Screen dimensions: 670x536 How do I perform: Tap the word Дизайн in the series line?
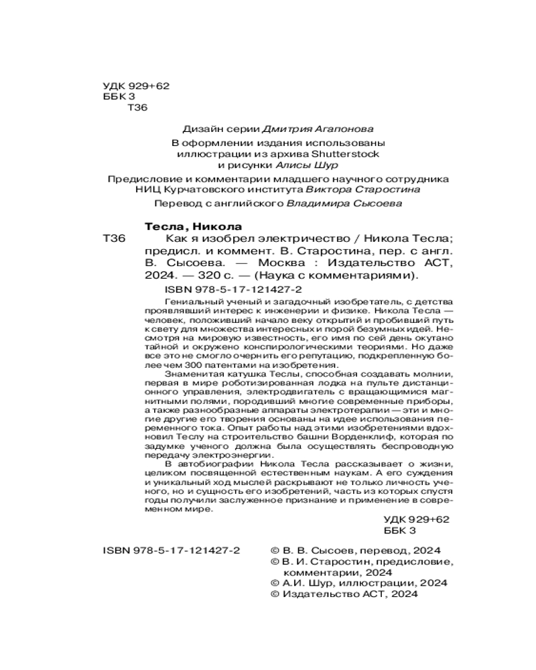click(199, 128)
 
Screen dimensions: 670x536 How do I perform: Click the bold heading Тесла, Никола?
click(194, 226)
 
